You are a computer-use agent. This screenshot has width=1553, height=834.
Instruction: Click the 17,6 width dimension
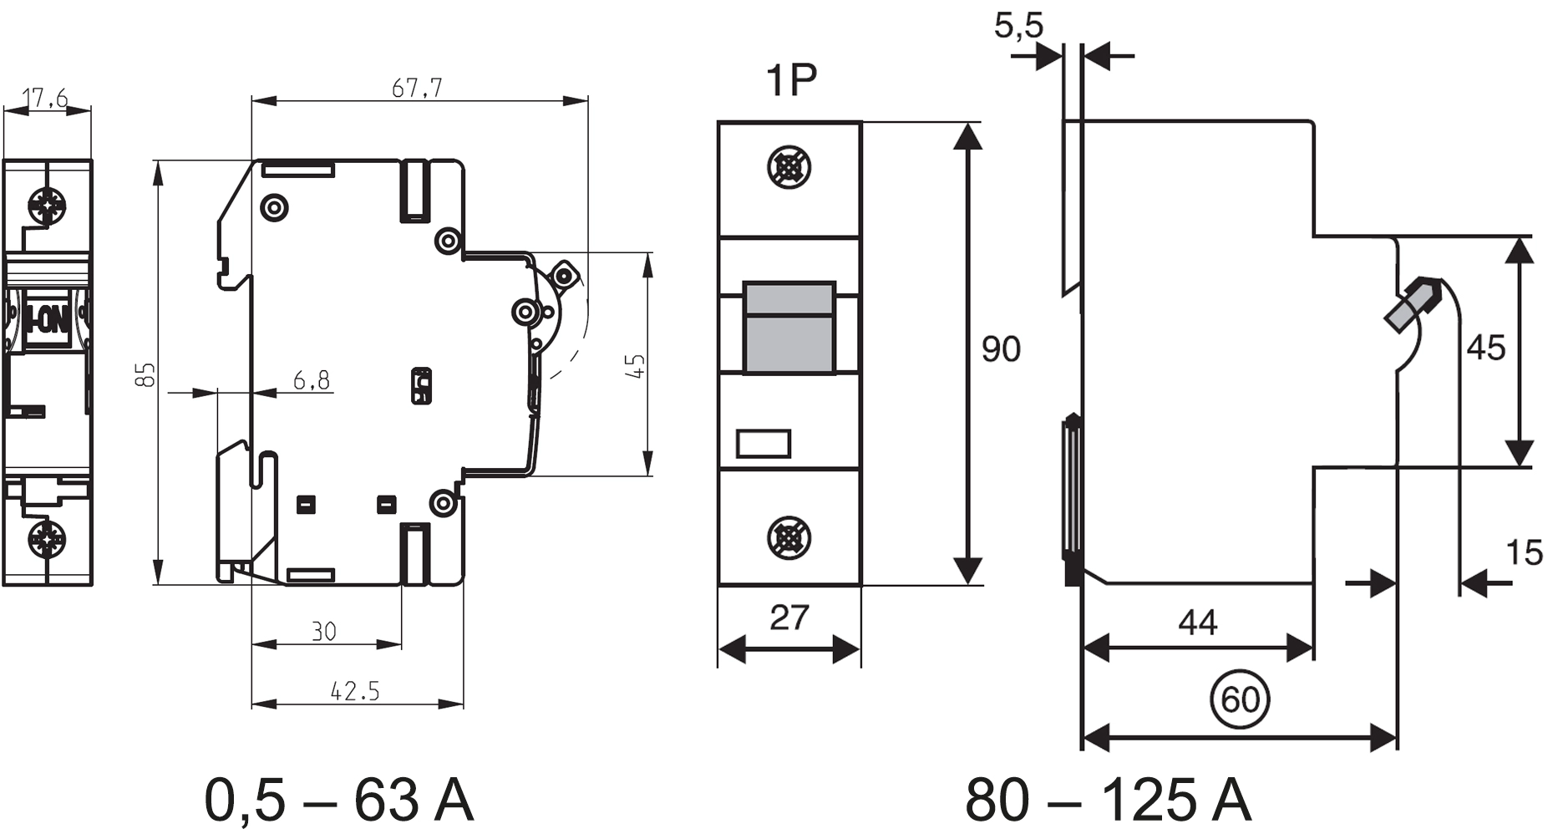click(x=47, y=99)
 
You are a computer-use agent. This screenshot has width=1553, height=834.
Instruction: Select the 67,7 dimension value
click(x=417, y=87)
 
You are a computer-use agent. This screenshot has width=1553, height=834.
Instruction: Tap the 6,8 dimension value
click(x=312, y=381)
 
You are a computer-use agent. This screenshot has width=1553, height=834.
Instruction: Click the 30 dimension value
click(x=323, y=631)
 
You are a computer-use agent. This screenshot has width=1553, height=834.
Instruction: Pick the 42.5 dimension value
click(x=355, y=691)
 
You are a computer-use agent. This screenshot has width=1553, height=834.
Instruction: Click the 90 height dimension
click(x=1000, y=348)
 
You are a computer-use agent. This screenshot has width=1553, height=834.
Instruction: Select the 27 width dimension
click(x=789, y=618)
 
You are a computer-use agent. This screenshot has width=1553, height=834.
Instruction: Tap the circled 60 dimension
click(x=1240, y=699)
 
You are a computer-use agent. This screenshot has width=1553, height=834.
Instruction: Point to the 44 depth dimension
click(x=1197, y=623)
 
